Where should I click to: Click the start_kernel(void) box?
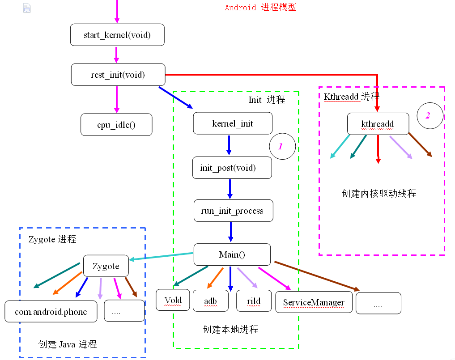coord(118,35)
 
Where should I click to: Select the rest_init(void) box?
coord(118,75)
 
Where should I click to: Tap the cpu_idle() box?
coord(116,124)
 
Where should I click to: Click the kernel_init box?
coord(232,123)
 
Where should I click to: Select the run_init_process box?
coord(233,210)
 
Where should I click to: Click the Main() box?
coord(232,254)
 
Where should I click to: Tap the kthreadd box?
coord(378,124)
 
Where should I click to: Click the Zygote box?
coord(106,266)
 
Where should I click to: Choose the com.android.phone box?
coord(51,311)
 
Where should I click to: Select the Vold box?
coord(173,300)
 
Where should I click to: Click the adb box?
coord(210,301)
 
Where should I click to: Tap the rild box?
coord(254,301)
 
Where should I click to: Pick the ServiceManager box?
coord(314,302)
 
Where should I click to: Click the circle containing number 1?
coord(282,146)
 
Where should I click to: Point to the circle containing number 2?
coord(429,115)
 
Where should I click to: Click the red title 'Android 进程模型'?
coord(260,8)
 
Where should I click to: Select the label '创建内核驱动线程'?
coord(378,193)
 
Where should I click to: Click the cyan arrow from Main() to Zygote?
coord(161,257)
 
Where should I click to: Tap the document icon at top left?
coord(27,8)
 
